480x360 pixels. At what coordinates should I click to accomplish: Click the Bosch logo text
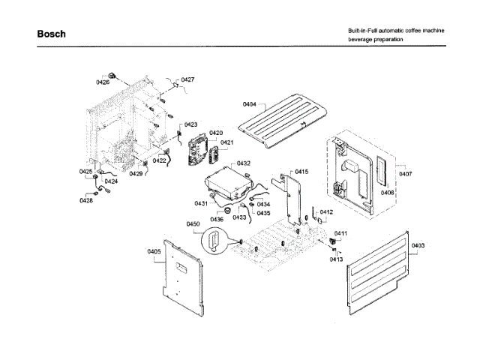click(51, 34)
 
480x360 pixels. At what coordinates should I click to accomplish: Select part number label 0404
click(249, 104)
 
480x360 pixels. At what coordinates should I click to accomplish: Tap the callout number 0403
click(418, 245)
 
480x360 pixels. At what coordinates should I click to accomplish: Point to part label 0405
click(154, 251)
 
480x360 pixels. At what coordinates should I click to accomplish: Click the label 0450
click(193, 224)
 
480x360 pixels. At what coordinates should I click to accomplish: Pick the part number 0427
click(187, 79)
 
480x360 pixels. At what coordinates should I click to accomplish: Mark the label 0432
click(243, 163)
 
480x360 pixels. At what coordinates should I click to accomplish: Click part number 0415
click(301, 172)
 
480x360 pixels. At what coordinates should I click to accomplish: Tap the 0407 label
click(405, 174)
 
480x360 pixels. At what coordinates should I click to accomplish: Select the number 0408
click(387, 193)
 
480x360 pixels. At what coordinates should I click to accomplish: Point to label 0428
click(87, 200)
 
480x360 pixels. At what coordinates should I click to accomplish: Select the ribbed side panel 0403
click(379, 262)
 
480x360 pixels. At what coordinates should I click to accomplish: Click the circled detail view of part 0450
click(214, 242)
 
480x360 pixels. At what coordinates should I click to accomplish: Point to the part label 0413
click(336, 259)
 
